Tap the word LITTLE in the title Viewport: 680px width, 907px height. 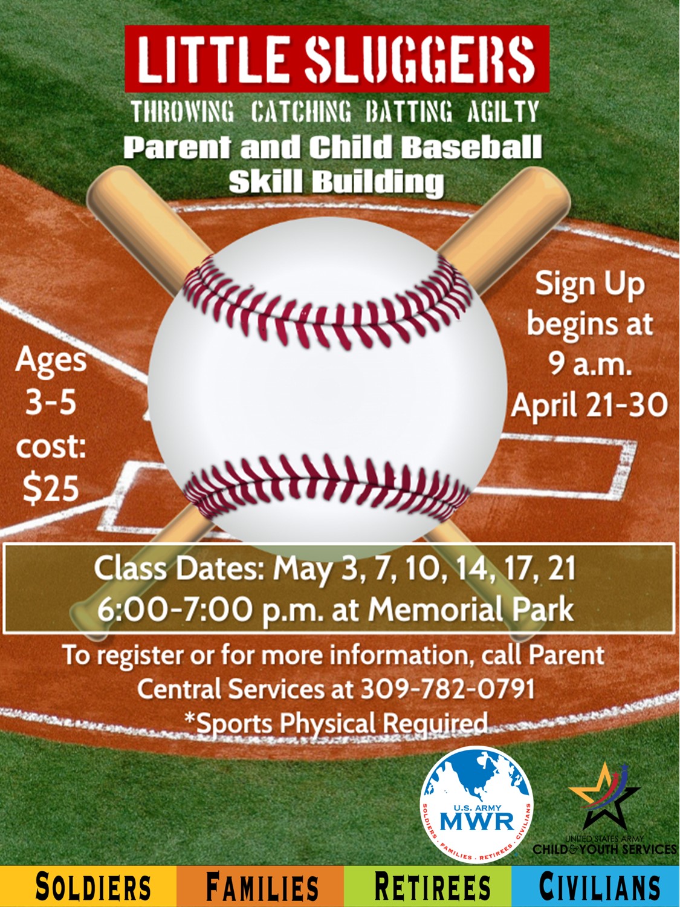pyautogui.click(x=211, y=59)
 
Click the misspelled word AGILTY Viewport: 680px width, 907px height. pyautogui.click(x=502, y=112)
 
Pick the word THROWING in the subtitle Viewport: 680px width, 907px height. pyautogui.click(x=183, y=112)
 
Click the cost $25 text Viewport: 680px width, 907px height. pyautogui.click(x=51, y=487)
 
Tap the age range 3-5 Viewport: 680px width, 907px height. pyautogui.click(x=51, y=403)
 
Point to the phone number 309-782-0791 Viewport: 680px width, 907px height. pyautogui.click(x=447, y=688)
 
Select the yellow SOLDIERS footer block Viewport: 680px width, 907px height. pyautogui.click(x=88, y=885)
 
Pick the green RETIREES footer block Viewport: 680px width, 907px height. pyautogui.click(x=428, y=885)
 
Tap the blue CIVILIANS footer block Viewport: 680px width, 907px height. pyautogui.click(x=596, y=885)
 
